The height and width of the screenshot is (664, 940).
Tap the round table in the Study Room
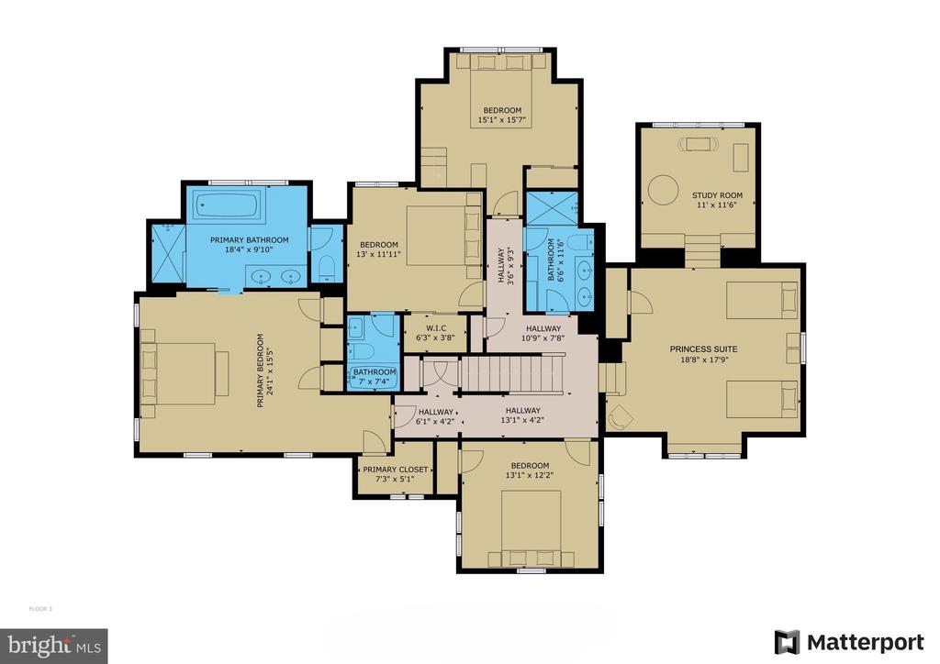(663, 190)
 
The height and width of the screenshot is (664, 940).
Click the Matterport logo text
(865, 642)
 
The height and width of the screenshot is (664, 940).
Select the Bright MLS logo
(54, 646)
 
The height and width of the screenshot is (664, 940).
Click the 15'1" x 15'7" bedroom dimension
(502, 120)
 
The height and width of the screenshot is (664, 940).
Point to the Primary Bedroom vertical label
(264, 371)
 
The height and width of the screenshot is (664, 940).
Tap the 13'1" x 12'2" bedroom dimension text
(530, 475)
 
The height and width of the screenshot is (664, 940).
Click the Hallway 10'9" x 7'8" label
(543, 333)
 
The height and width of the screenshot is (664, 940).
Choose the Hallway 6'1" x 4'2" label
(436, 416)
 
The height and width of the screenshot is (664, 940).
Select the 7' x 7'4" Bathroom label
(375, 377)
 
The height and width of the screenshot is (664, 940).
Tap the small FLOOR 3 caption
(40, 609)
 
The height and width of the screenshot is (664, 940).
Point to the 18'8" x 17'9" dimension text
(703, 360)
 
